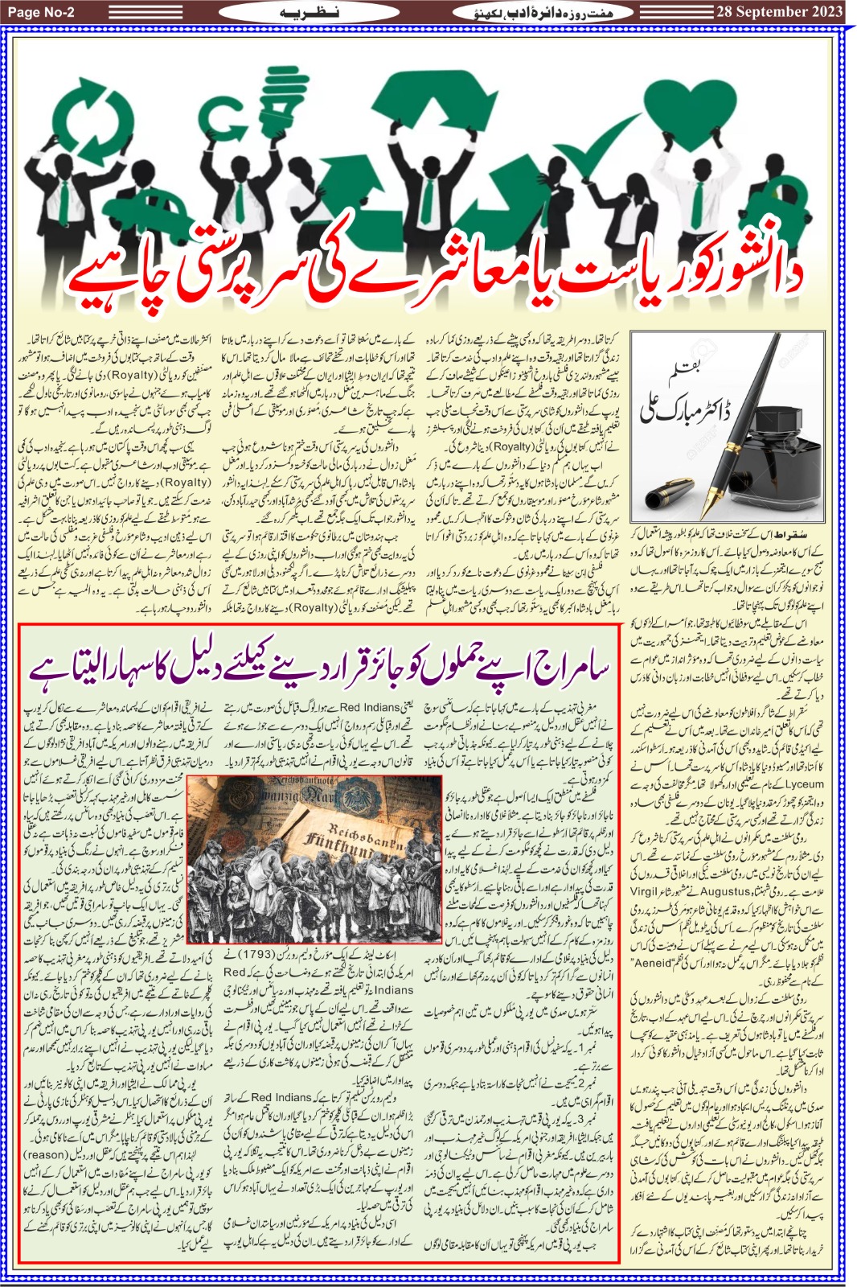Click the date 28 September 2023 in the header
(778, 11)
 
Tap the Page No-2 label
(41, 11)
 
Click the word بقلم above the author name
(686, 372)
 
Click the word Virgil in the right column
(644, 892)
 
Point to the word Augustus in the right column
(725, 892)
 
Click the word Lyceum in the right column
(804, 784)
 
